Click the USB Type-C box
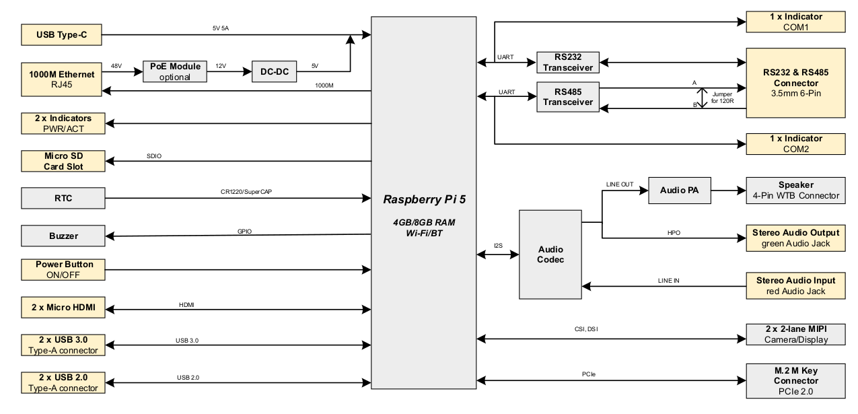tap(61, 35)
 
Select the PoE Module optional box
tap(175, 71)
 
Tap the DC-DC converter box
tap(275, 71)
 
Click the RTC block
tap(63, 198)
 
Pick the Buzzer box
tap(63, 236)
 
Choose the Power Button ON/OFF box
tap(63, 269)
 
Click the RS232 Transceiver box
tap(568, 63)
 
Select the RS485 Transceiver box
tap(568, 97)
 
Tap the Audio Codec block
tap(550, 254)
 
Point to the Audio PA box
tap(680, 190)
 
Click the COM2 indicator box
tap(795, 144)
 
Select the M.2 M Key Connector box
tap(795, 381)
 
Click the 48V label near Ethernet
tap(116, 66)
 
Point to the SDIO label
tap(154, 156)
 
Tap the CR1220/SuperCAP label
tap(246, 192)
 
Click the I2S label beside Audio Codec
tap(498, 245)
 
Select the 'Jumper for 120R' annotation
tap(723, 98)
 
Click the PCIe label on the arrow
tap(589, 374)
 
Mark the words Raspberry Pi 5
tap(425, 199)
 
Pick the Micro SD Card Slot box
tap(63, 161)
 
